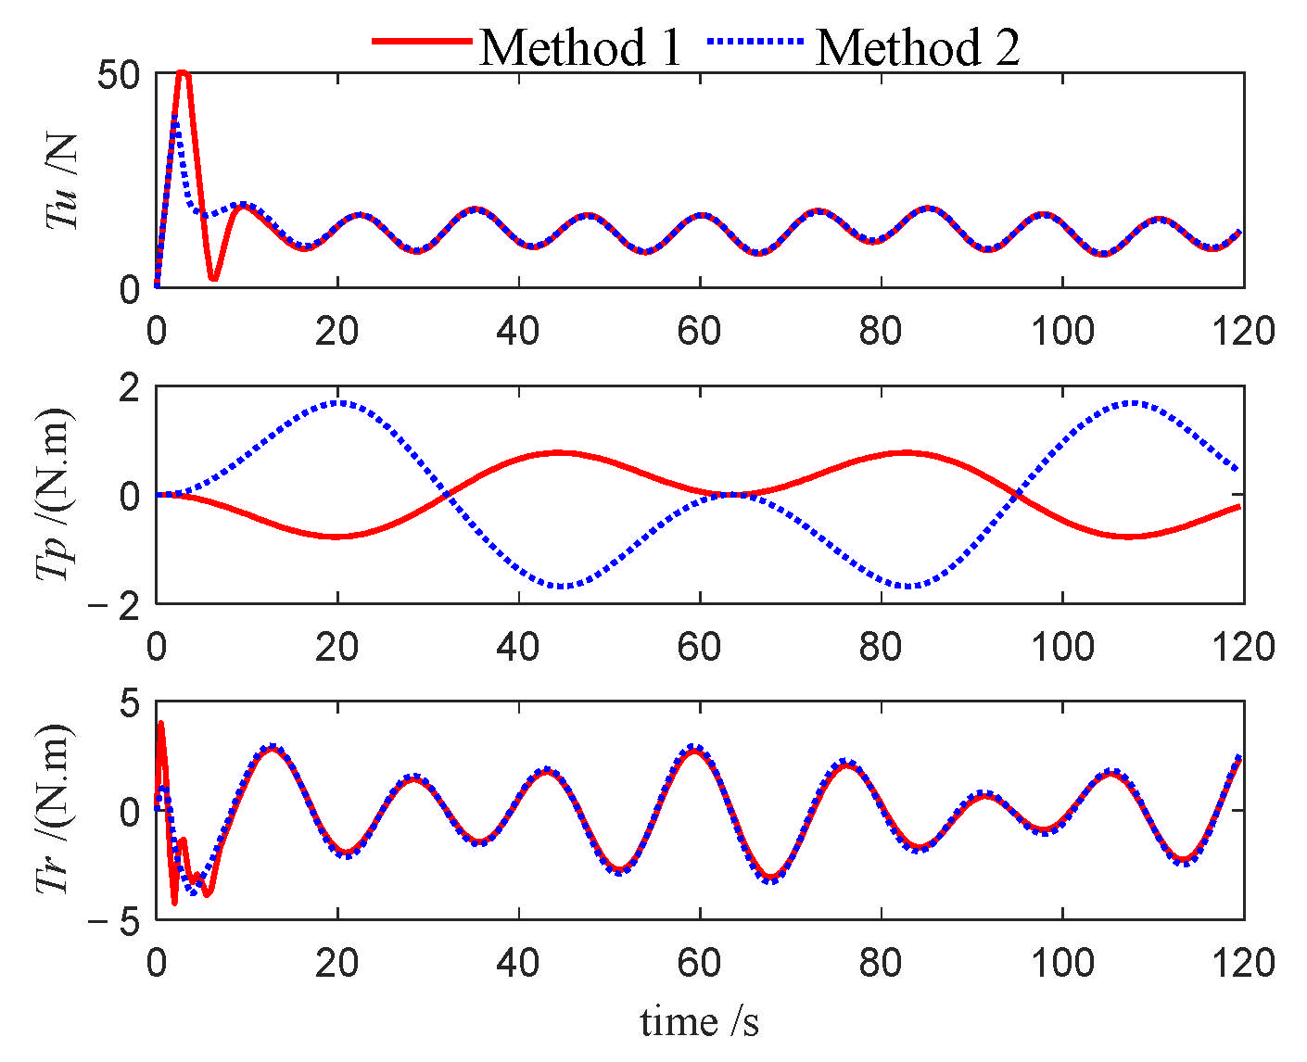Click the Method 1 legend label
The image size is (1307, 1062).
pos(580,46)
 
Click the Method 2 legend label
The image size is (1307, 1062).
pos(917,46)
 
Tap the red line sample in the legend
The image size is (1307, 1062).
pos(422,42)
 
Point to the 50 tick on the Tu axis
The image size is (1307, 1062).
pos(118,75)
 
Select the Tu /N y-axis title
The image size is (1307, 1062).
pos(62,181)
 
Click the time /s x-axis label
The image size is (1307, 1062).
pos(700,1022)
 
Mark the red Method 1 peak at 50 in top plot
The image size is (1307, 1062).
pos(183,72)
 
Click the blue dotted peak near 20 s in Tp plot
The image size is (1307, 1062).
pos(338,402)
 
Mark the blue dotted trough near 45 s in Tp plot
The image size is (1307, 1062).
pos(561,586)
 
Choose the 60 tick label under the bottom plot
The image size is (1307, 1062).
pos(699,963)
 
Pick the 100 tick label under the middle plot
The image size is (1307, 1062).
pos(1062,646)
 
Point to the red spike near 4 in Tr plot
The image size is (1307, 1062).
pos(160,724)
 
